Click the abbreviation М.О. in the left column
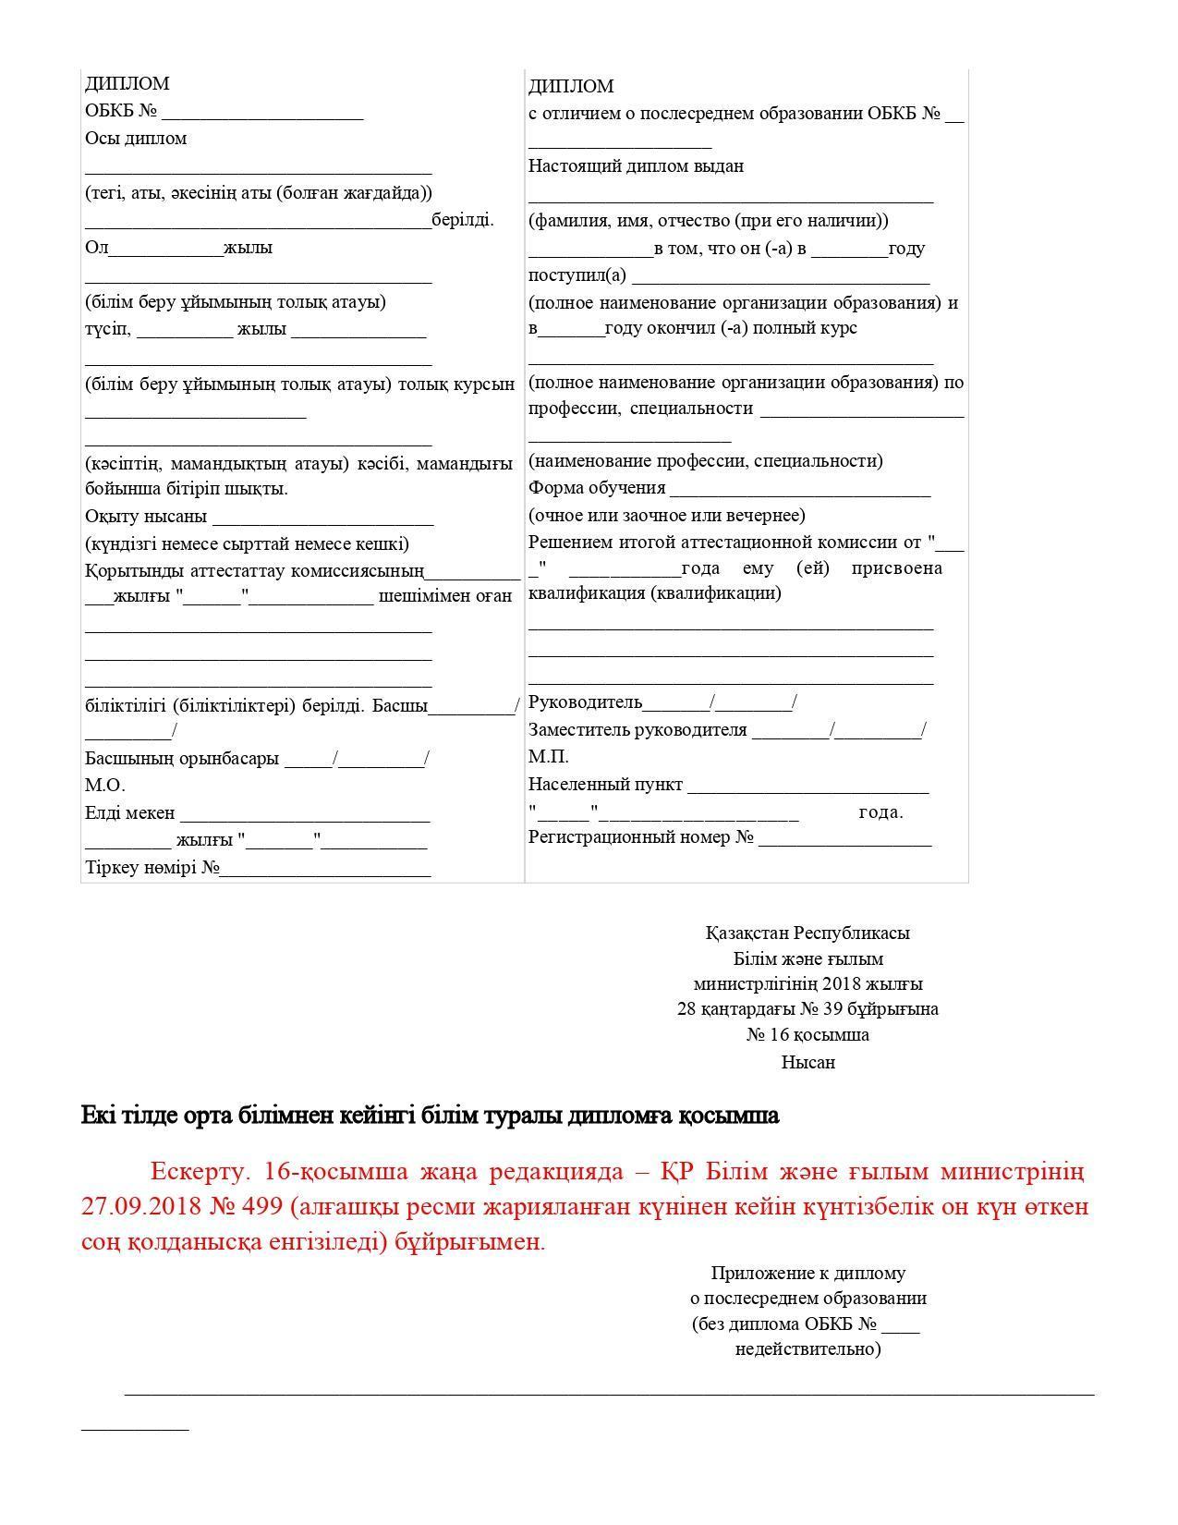pyautogui.click(x=104, y=786)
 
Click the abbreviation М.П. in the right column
pyautogui.click(x=548, y=757)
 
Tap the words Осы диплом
pyautogui.click(x=136, y=139)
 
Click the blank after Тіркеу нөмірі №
pyautogui.click(x=325, y=869)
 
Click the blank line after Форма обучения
pyautogui.click(x=800, y=489)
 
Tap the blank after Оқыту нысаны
pyautogui.click(x=322, y=517)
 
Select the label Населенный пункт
pyautogui.click(x=605, y=785)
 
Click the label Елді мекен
pyautogui.click(x=129, y=813)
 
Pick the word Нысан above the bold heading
pyautogui.click(x=808, y=1063)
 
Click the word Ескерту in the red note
pyautogui.click(x=199, y=1172)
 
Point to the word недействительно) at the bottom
pyautogui.click(x=808, y=1349)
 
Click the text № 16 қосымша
pyautogui.click(x=808, y=1035)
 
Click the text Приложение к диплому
pyautogui.click(x=808, y=1274)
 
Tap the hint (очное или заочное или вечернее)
pyautogui.click(x=666, y=516)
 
